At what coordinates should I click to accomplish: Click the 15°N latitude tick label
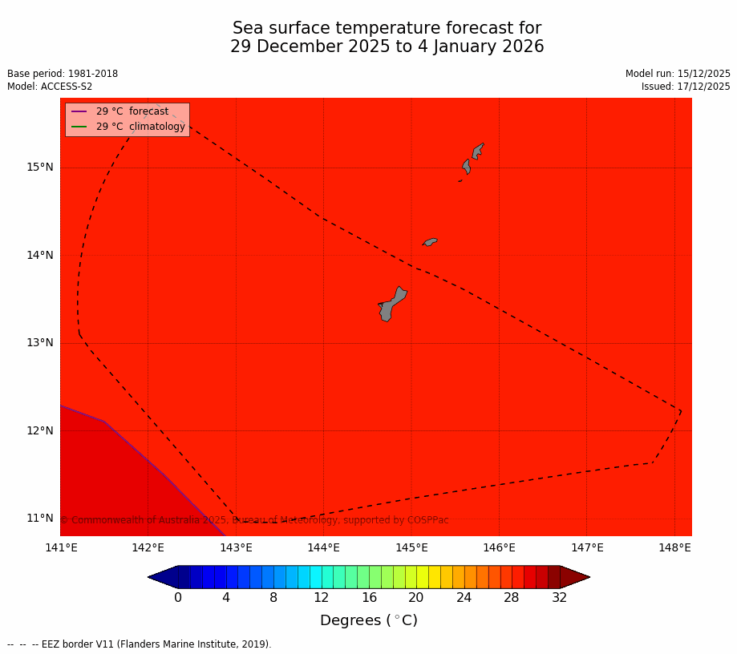tap(40, 168)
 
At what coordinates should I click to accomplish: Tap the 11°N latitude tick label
tap(40, 519)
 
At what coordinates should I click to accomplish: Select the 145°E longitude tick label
tap(411, 548)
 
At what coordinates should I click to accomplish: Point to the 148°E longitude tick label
tap(674, 548)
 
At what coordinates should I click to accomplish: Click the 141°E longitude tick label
tap(61, 548)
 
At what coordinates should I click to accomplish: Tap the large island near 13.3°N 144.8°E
tap(392, 305)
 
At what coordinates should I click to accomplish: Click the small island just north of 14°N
tap(431, 241)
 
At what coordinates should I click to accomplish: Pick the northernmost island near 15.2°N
tap(478, 150)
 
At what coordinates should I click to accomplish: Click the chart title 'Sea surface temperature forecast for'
tap(387, 29)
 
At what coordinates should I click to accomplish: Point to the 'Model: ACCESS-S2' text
tap(50, 87)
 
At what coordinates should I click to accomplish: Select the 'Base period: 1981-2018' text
tap(63, 74)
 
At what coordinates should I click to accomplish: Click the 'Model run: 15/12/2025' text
tap(678, 74)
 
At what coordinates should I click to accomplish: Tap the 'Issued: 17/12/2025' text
tap(686, 87)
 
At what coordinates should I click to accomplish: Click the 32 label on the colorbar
tap(559, 598)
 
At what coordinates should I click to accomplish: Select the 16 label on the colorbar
tap(369, 598)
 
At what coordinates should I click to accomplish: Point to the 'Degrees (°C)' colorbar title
tap(369, 621)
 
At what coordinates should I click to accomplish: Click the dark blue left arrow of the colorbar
tap(162, 577)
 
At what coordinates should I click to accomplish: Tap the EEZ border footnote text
tap(140, 644)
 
